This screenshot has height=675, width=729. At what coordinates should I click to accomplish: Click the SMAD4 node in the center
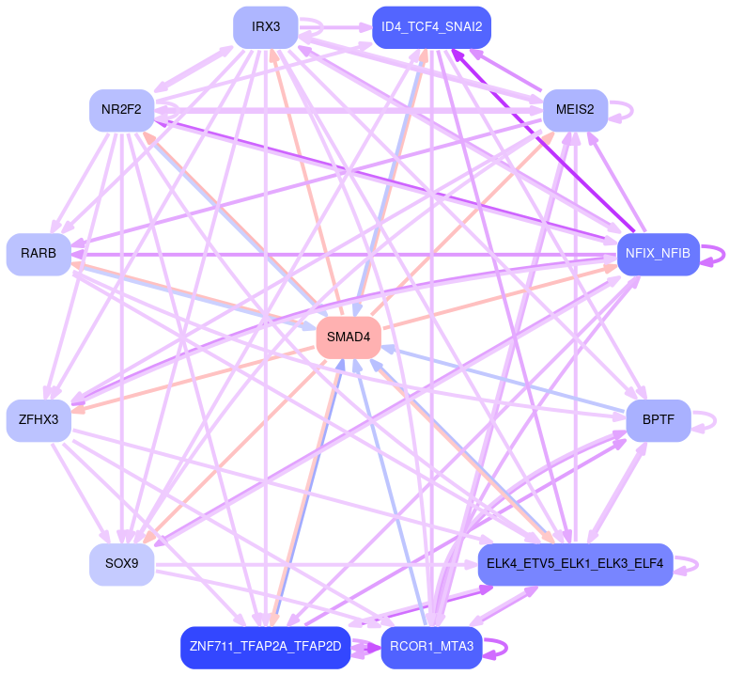pos(348,337)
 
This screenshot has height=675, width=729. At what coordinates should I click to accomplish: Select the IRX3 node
pos(266,26)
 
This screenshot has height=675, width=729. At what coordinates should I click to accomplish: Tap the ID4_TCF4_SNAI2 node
pos(431,26)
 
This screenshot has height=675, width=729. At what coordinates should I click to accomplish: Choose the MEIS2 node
pos(574,109)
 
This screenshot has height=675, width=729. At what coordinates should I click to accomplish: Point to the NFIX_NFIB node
pos(658,254)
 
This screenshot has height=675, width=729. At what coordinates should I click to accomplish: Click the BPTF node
pos(658,420)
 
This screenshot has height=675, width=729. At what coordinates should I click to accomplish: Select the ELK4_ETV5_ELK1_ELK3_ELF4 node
pos(575,564)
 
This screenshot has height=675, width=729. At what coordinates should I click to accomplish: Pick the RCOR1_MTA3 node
pos(431,647)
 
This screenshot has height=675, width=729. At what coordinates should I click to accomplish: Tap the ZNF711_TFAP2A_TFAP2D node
pos(266,647)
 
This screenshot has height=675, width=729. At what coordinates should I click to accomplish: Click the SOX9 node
pos(122,564)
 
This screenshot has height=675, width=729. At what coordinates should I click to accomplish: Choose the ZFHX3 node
pos(39,420)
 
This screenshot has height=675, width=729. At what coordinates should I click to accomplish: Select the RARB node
pos(39,254)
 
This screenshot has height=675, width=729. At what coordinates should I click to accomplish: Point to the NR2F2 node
pos(122,109)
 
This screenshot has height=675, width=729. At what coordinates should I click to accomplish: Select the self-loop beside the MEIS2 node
pos(630,109)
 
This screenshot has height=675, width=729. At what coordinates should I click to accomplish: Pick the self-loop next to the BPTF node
pos(716,420)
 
